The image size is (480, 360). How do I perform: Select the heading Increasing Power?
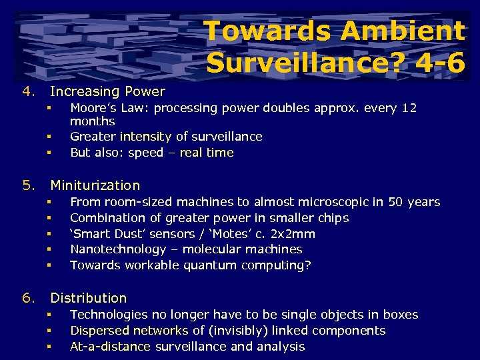click(x=107, y=91)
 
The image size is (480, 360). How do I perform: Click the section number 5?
click(x=27, y=185)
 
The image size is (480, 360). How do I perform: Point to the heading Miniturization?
click(x=95, y=185)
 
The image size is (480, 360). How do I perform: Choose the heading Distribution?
click(x=88, y=298)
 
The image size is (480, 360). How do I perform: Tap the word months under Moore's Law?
click(x=92, y=121)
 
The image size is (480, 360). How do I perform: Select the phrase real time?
click(x=207, y=153)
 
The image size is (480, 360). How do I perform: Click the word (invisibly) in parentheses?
click(x=238, y=331)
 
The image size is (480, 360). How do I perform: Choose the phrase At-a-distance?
click(x=110, y=347)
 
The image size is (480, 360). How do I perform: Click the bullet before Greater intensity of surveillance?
click(x=49, y=137)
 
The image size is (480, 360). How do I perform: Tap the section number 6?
click(x=27, y=298)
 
